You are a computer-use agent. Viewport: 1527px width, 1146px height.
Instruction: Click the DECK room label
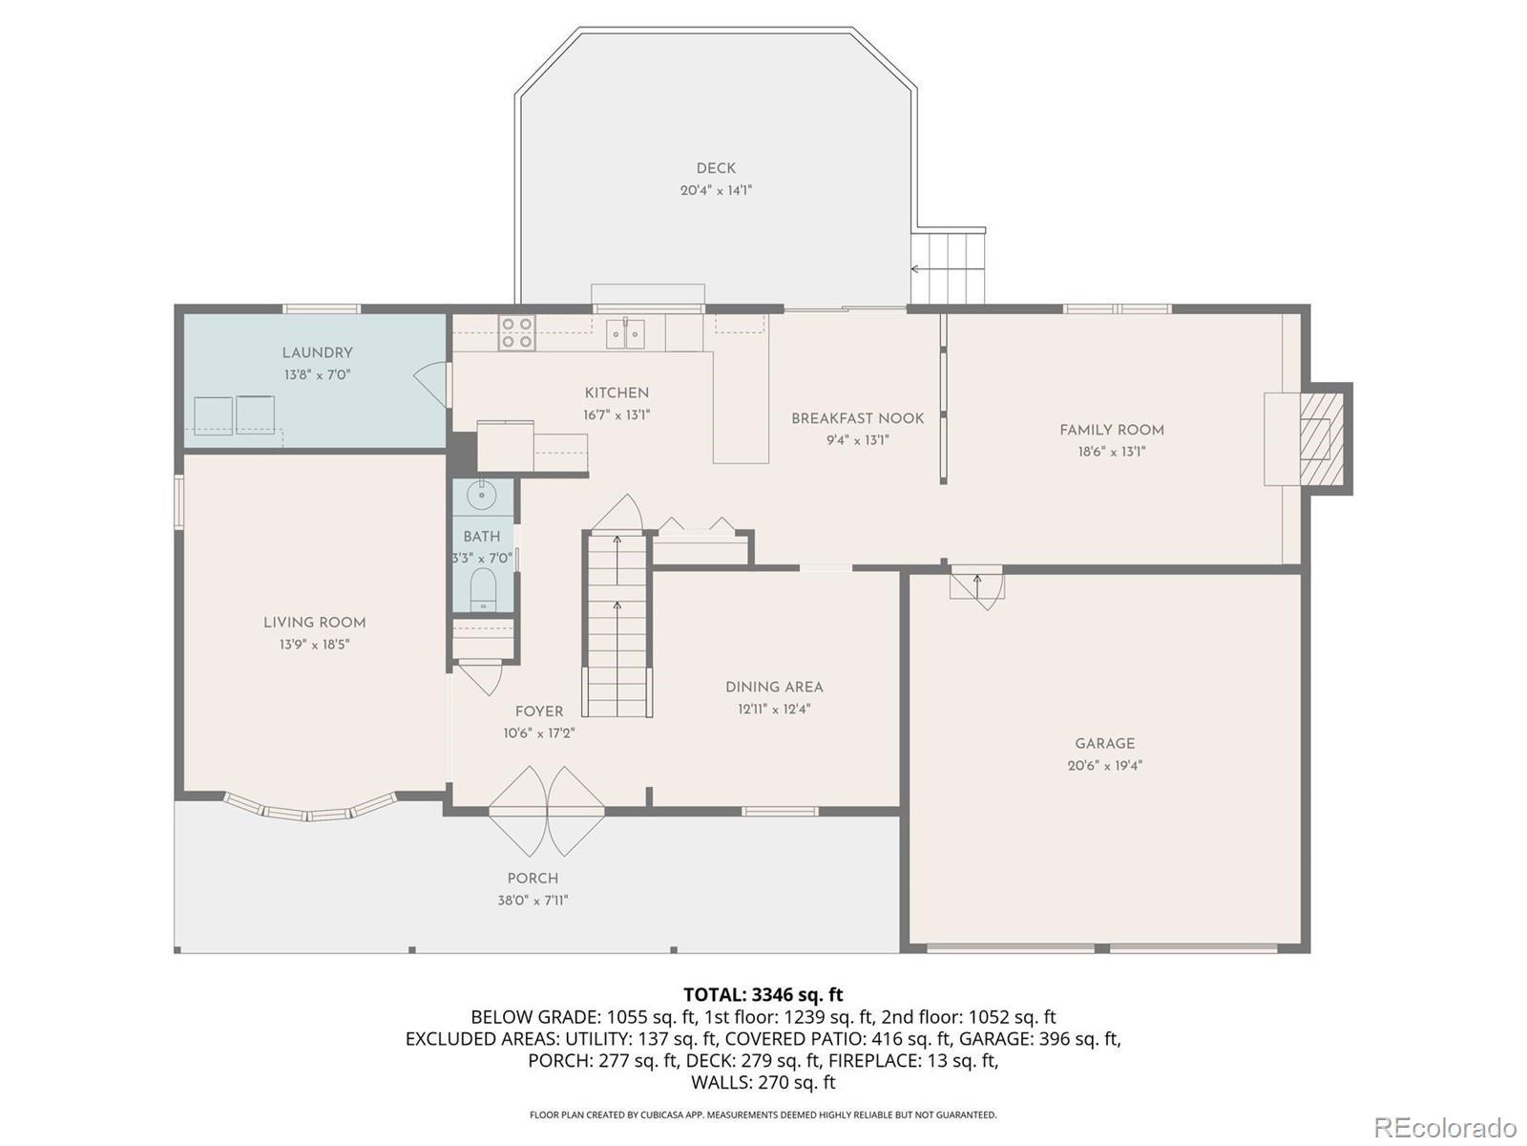click(716, 168)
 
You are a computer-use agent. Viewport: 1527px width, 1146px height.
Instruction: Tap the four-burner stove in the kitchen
click(517, 332)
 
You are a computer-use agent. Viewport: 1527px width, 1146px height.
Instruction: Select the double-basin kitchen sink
click(625, 333)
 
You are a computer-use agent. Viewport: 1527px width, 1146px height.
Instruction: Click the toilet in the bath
click(482, 588)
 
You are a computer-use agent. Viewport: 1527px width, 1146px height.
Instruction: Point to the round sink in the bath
click(481, 495)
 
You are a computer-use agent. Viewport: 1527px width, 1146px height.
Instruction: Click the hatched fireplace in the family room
click(1321, 439)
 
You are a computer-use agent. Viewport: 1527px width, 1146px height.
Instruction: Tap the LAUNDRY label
click(317, 352)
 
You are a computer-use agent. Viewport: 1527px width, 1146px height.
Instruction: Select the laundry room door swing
click(430, 386)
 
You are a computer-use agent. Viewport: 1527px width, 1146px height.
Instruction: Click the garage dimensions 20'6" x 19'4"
click(1105, 765)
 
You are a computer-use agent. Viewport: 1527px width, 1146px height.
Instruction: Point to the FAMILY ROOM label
click(1112, 430)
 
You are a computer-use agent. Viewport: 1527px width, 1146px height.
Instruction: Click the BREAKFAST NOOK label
click(858, 418)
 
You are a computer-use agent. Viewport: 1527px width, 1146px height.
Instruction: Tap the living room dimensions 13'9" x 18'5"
click(314, 645)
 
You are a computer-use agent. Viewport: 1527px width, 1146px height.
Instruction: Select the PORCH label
click(533, 878)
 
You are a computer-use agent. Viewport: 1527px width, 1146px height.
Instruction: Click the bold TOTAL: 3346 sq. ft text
click(763, 994)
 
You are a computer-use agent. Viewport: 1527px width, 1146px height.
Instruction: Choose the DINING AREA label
click(774, 687)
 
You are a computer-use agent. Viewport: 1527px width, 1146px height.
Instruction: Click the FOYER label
click(539, 711)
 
